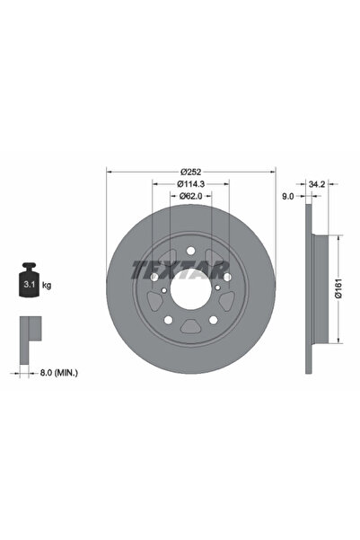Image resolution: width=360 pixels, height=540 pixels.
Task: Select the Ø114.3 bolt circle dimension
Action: [x=190, y=183]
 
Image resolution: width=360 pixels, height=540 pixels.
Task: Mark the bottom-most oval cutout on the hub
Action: [x=190, y=330]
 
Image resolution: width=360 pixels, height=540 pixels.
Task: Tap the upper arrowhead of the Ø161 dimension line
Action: [x=338, y=240]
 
